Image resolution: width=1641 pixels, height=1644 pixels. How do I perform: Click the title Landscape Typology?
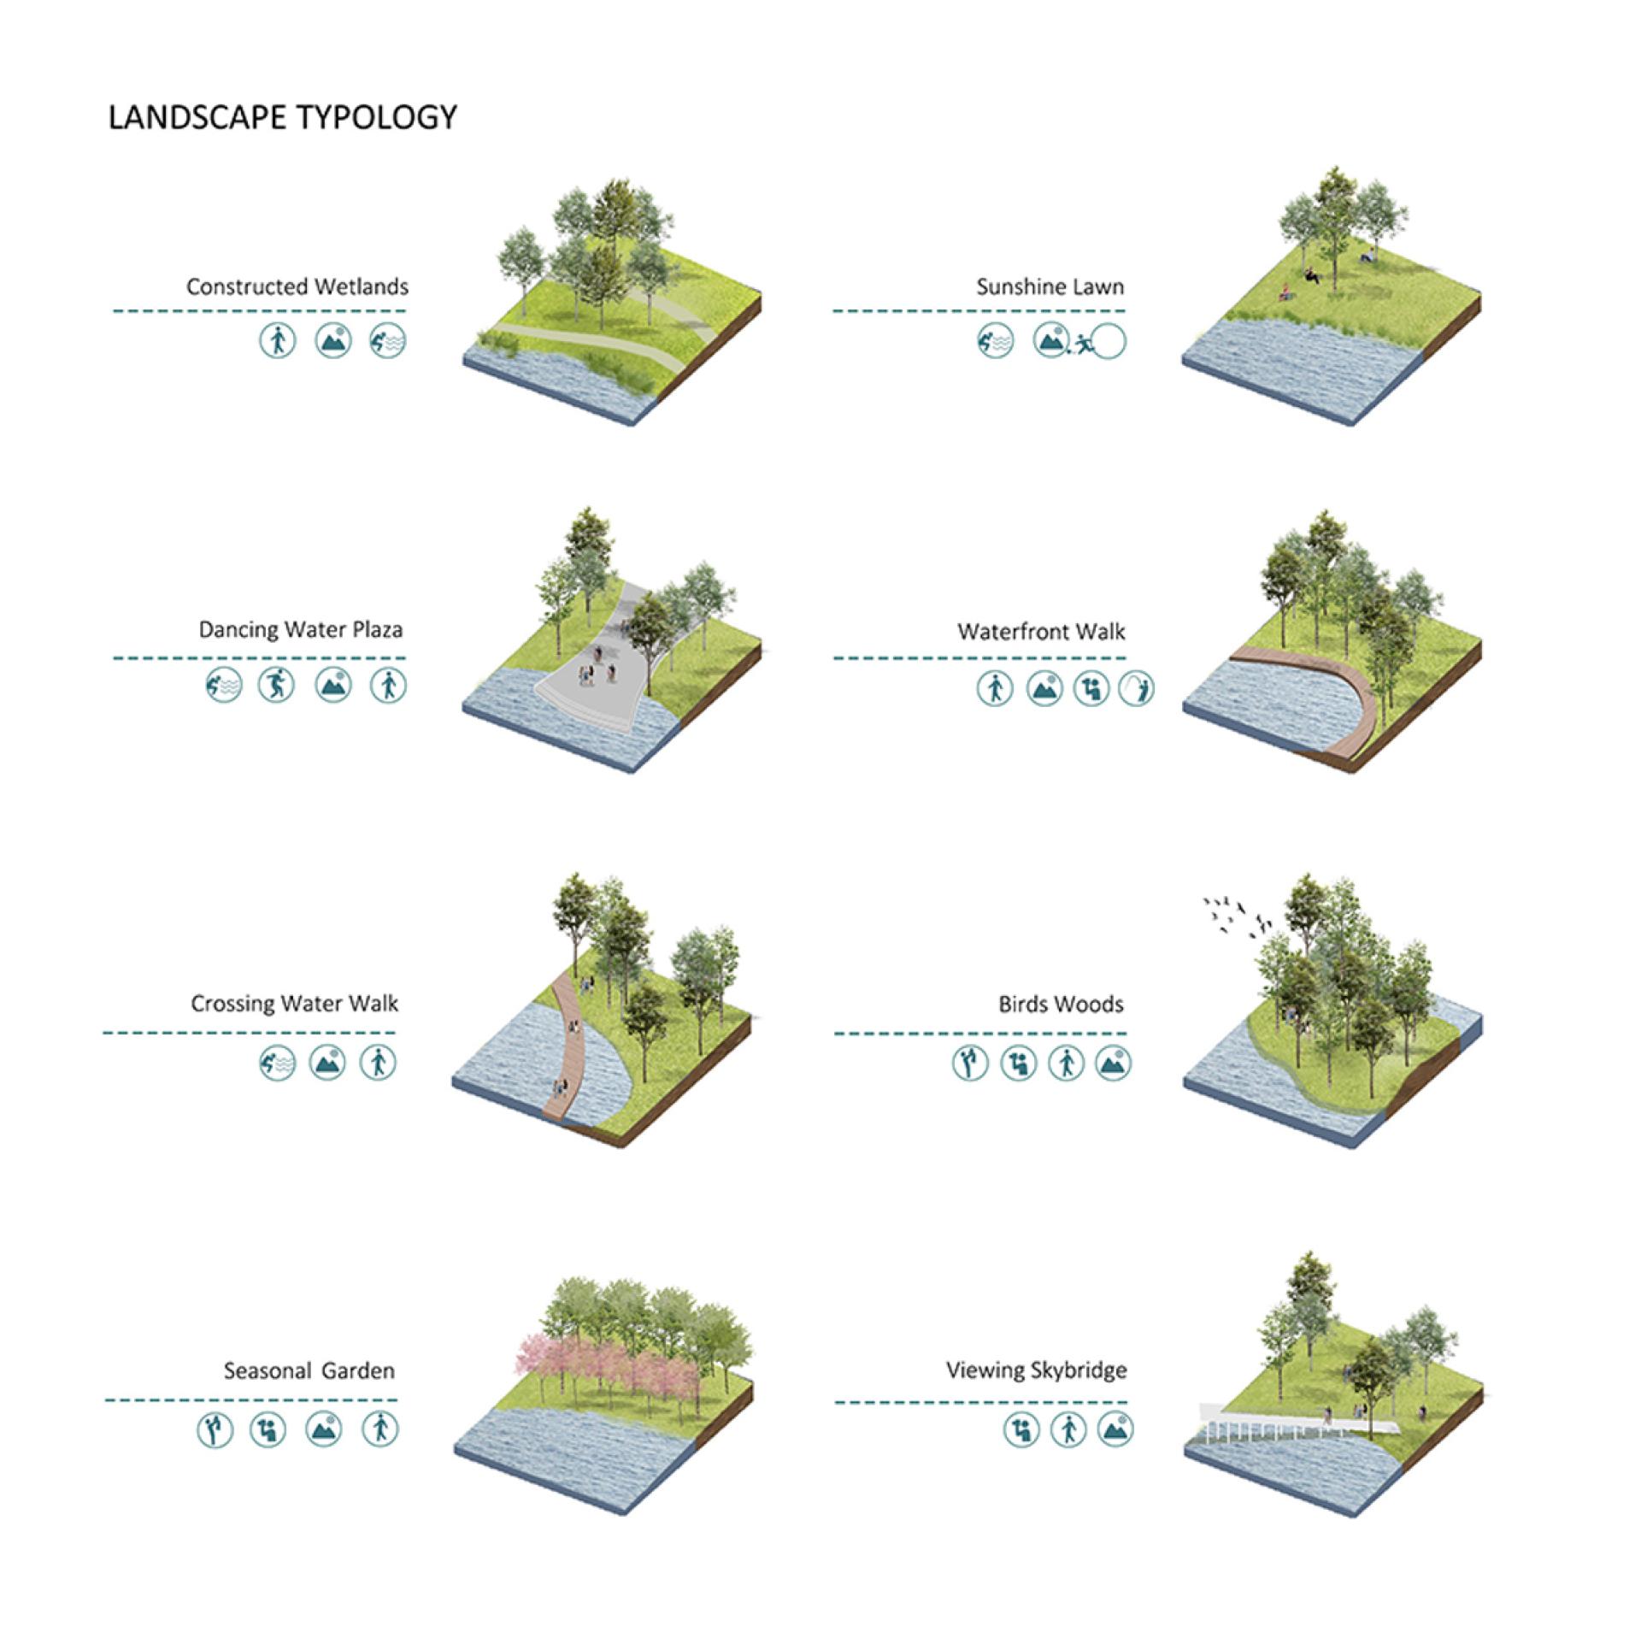coord(283,117)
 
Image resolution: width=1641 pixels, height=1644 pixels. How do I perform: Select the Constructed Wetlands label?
coord(297,286)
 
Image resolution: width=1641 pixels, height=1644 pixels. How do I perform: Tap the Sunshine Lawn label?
coord(1050,287)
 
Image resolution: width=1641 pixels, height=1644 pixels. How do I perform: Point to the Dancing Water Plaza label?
coord(301,630)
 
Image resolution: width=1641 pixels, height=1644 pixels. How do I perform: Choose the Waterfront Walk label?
coord(1042,632)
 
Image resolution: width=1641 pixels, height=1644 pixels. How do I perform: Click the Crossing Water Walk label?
coord(294,1004)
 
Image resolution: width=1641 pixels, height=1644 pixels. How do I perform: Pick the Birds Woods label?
coord(1062,1005)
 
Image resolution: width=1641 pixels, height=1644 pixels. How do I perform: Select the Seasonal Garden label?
coord(309,1371)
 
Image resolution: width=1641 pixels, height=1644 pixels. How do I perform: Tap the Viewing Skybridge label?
coord(1037,1370)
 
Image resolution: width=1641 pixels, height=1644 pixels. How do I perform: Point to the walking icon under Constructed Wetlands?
coord(278,340)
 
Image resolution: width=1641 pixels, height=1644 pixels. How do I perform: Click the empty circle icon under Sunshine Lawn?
coord(1109,342)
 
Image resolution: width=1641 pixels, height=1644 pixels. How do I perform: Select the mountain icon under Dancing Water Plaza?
coord(333,685)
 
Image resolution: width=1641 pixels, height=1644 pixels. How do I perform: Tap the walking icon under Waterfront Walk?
coord(995,688)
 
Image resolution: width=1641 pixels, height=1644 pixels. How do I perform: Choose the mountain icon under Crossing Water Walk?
coord(327,1063)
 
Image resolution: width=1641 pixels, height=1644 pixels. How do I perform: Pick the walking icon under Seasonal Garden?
coord(380,1429)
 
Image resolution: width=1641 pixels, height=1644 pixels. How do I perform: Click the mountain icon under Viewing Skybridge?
coord(1115,1429)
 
